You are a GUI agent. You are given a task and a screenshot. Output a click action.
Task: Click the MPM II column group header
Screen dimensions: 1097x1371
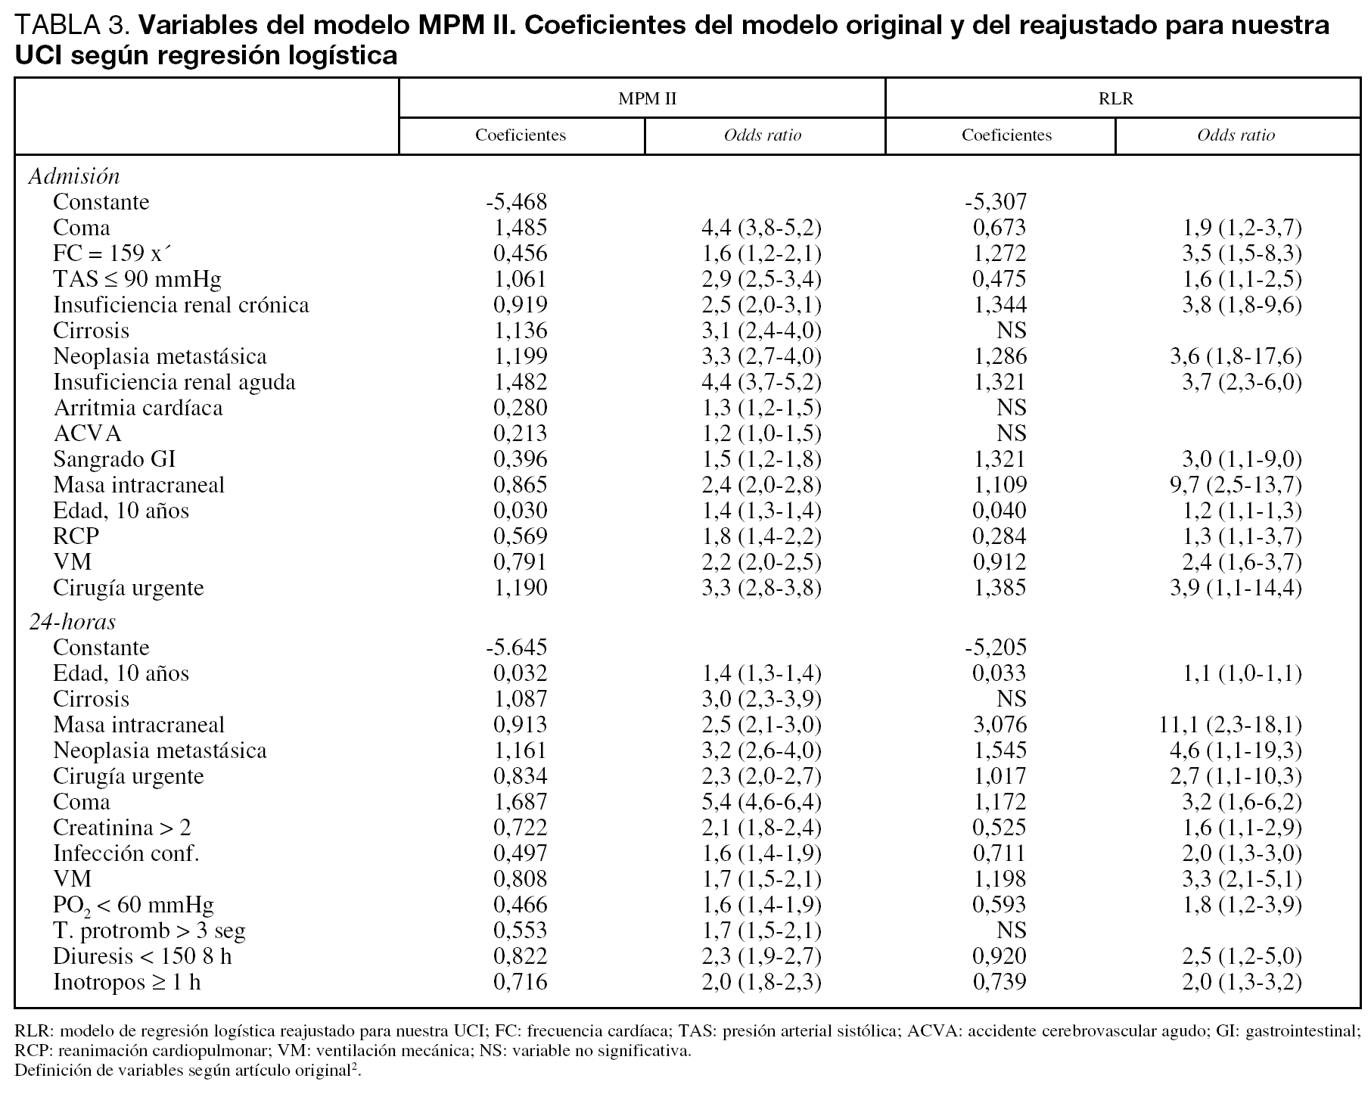[647, 99]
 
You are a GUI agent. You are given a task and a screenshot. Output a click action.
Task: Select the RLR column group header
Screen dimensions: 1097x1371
[1116, 99]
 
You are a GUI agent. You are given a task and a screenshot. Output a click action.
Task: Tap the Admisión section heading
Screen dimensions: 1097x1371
[74, 176]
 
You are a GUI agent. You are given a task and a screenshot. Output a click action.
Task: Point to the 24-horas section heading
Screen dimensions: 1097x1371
[73, 622]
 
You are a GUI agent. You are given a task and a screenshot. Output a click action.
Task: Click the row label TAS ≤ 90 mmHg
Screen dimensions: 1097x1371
[137, 280]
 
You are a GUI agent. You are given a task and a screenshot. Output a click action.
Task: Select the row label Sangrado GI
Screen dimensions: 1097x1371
[114, 459]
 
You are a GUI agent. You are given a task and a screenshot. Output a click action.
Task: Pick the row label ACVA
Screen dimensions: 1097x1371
[87, 434]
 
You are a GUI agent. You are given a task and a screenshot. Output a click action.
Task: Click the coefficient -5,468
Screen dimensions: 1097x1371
[516, 202]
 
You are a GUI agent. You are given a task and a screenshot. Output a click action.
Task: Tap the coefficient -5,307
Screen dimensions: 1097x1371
[996, 202]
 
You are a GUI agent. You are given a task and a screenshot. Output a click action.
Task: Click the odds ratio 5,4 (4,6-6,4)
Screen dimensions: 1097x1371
[761, 802]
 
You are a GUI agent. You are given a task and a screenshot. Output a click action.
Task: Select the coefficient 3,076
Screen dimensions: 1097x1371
[999, 725]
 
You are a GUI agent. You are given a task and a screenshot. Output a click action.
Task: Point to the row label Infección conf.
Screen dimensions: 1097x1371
[126, 853]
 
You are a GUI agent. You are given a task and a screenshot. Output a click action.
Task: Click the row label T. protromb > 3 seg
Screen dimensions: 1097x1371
[149, 931]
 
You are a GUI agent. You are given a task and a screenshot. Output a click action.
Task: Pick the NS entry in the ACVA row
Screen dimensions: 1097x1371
[1011, 434]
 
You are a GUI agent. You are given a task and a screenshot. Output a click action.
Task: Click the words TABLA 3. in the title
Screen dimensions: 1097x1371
[73, 26]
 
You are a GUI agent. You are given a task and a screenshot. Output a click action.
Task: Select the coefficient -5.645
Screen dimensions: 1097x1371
[516, 648]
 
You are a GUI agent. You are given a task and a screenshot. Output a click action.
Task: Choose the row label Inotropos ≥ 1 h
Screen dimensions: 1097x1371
[127, 982]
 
